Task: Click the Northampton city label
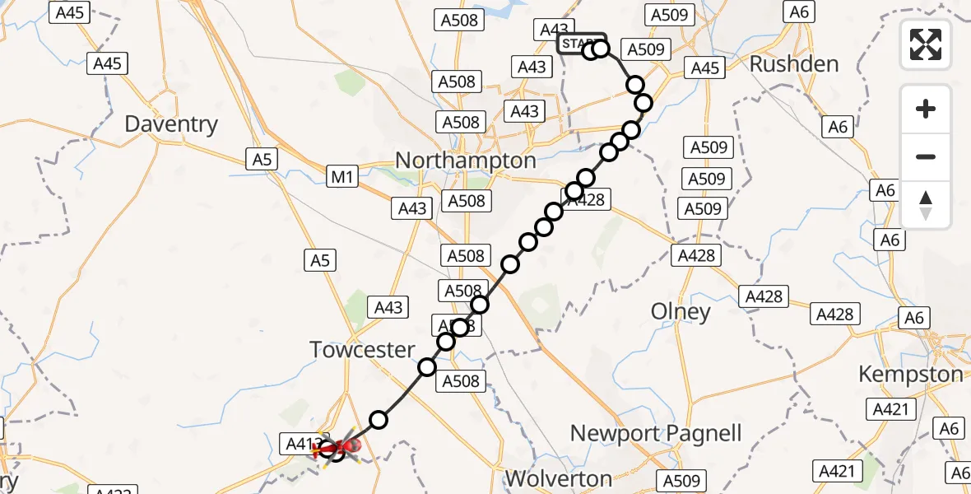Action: (466, 160)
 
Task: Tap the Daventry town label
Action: (171, 124)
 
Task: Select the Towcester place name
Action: (362, 350)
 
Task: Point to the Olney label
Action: (680, 312)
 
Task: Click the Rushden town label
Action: (794, 63)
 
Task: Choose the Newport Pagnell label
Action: (656, 433)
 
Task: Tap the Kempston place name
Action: (910, 374)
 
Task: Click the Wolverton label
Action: (559, 478)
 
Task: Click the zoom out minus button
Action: (926, 156)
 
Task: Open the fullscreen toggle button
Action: (926, 44)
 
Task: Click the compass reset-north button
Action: (926, 205)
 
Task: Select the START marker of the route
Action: (581, 43)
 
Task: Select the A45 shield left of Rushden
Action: (705, 68)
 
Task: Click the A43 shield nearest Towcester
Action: (388, 307)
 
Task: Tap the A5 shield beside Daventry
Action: (262, 160)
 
